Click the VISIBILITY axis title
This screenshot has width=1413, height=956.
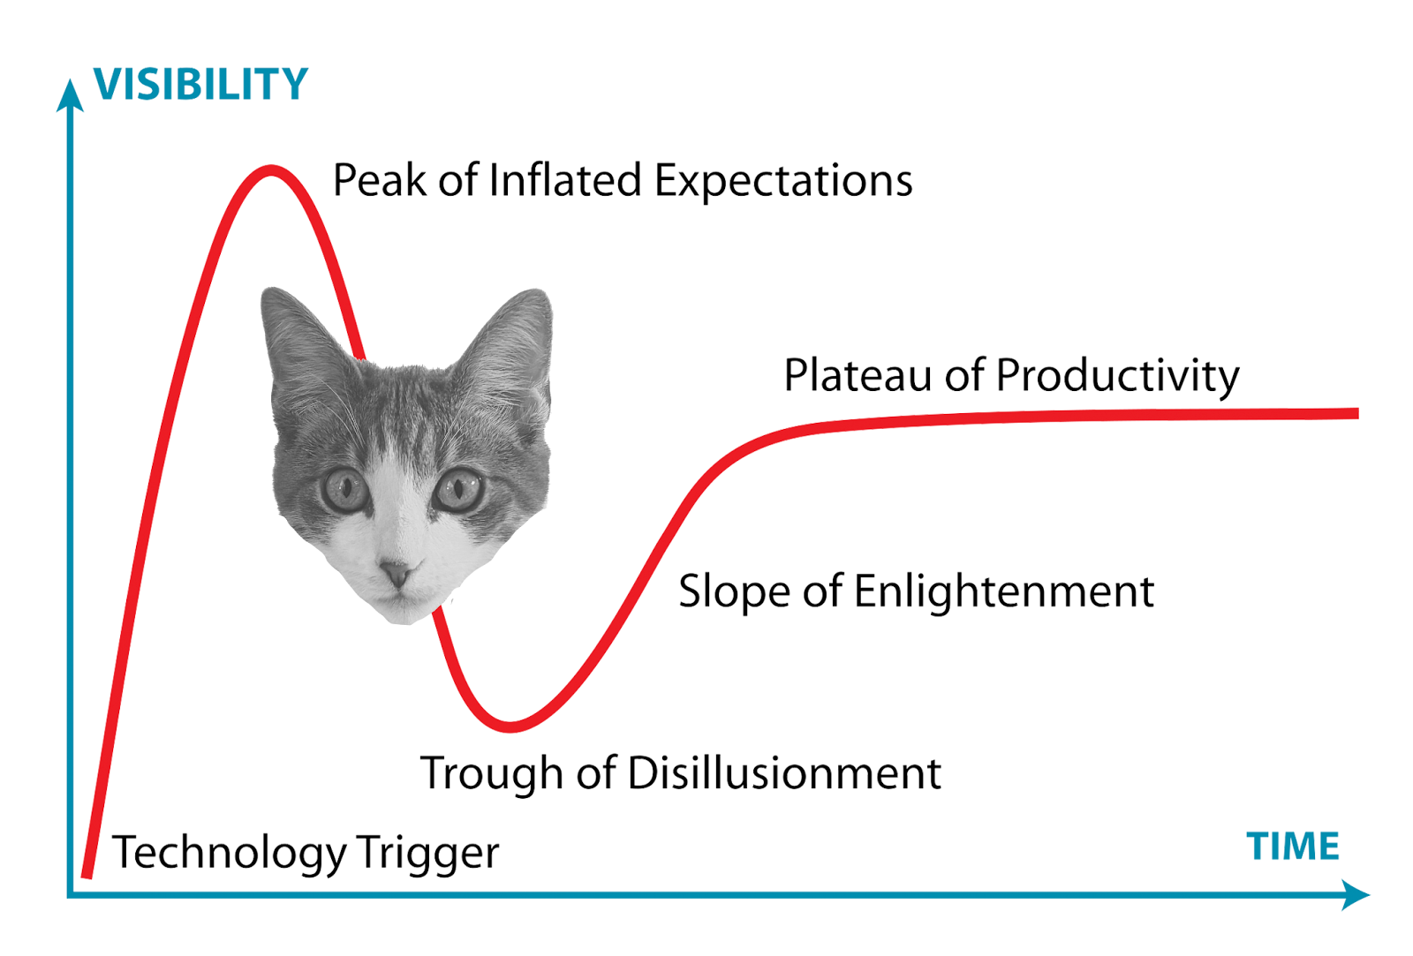coord(201,85)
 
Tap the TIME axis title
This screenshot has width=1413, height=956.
coord(1293,846)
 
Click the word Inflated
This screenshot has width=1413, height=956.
coord(565,180)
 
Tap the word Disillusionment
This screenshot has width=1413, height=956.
coord(784,772)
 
